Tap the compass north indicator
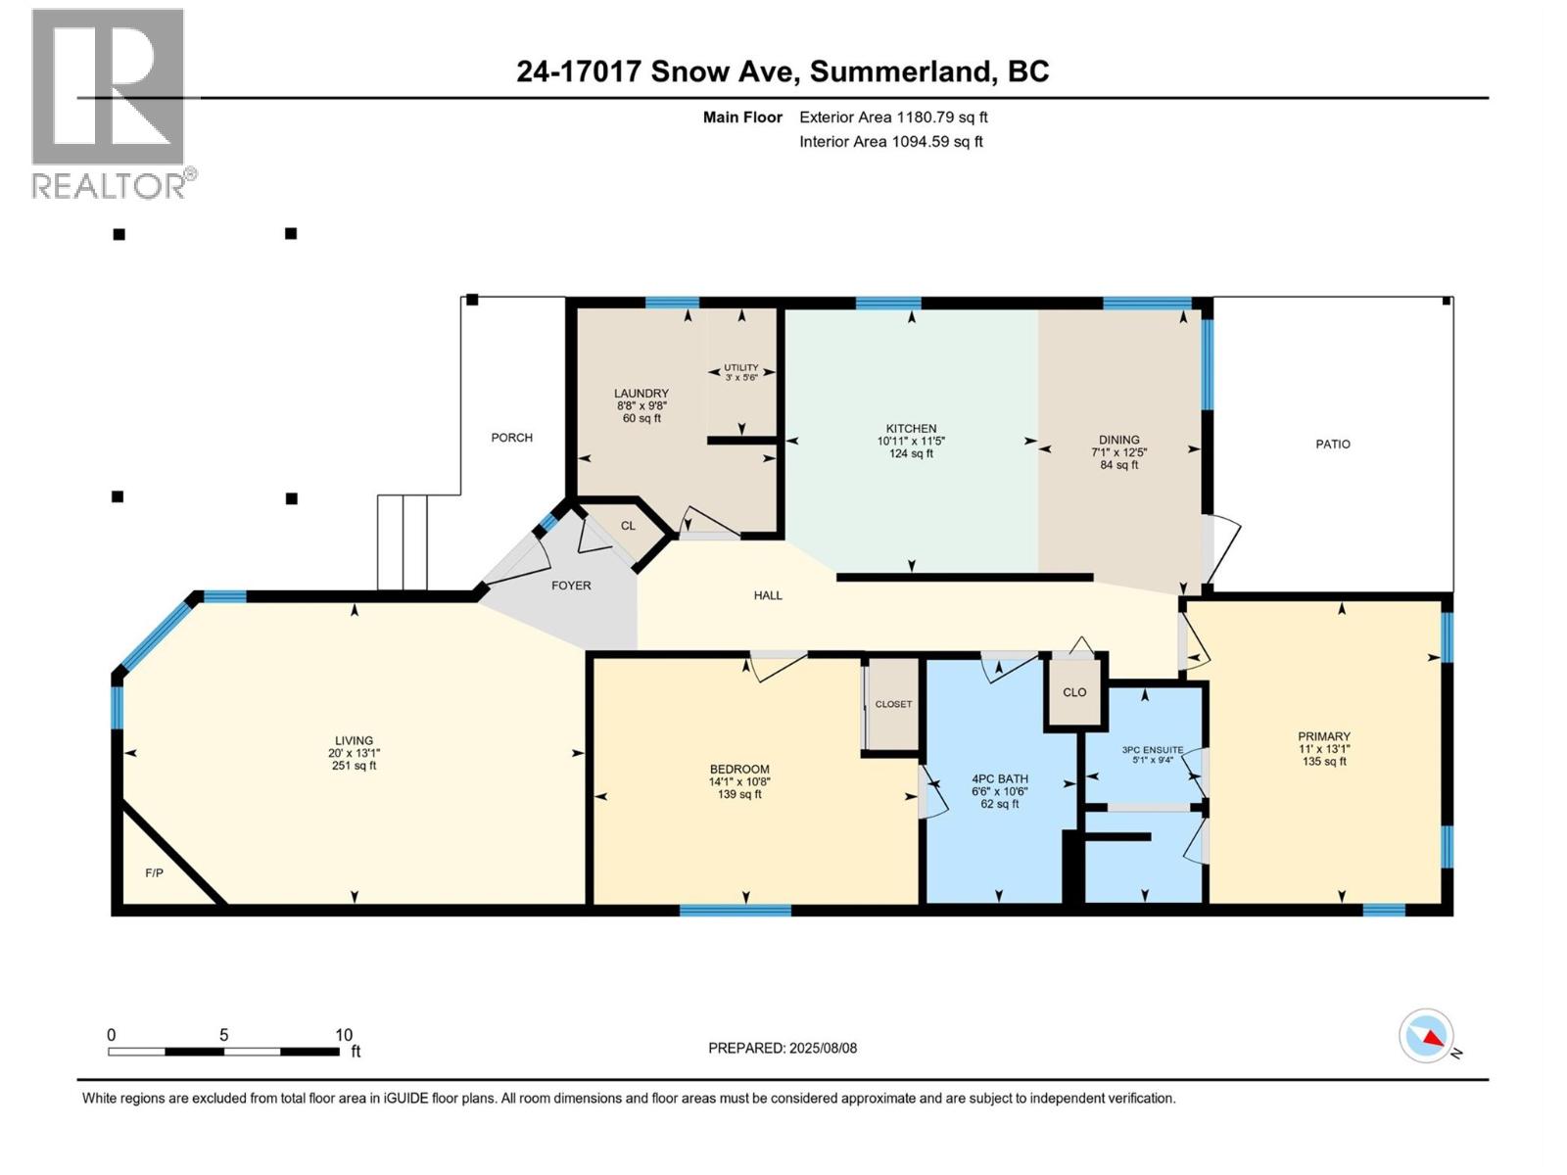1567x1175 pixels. click(1427, 1036)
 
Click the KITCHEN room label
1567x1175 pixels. click(911, 429)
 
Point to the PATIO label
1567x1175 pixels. click(1332, 445)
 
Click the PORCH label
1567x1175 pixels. click(511, 438)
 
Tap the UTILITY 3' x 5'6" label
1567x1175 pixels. click(740, 372)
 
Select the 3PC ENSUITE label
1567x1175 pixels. click(1152, 750)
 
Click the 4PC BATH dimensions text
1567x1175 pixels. click(999, 791)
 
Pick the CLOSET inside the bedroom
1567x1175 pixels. click(892, 704)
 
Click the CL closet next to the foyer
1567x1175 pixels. click(628, 526)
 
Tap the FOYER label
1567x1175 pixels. click(571, 586)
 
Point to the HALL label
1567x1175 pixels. click(768, 595)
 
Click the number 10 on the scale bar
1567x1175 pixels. click(343, 1035)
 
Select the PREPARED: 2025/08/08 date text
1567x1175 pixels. click(782, 1048)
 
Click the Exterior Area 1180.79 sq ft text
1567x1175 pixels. click(892, 117)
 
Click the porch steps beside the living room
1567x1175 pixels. click(402, 542)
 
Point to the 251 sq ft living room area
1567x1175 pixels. click(354, 766)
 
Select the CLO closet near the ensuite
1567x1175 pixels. click(1074, 692)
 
